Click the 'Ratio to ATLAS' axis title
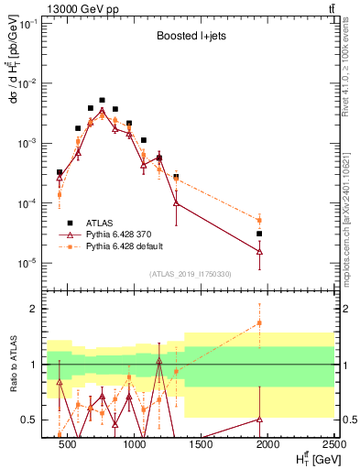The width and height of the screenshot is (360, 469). (12, 365)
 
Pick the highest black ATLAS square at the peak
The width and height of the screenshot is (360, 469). (102, 100)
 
